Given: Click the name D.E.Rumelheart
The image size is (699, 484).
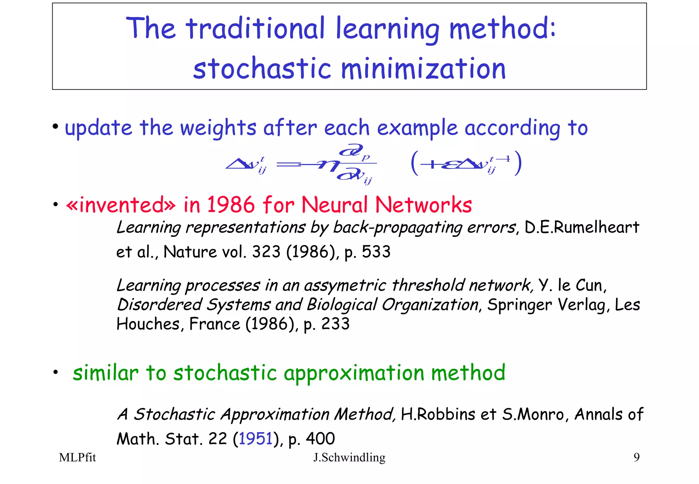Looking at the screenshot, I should click(x=582, y=227).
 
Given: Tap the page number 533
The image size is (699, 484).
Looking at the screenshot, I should click(x=376, y=252).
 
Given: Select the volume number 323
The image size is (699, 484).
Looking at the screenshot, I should click(x=266, y=252).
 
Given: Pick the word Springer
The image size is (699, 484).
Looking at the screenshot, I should click(x=519, y=305).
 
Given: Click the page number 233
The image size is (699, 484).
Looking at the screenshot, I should click(x=336, y=324).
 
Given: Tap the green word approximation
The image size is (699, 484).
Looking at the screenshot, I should click(x=354, y=373).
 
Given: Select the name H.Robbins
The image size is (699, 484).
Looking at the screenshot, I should click(x=438, y=414).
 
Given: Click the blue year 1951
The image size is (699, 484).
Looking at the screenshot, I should click(x=255, y=439).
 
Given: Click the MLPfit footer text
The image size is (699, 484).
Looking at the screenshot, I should click(x=77, y=457).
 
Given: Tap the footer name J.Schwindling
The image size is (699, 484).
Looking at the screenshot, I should click(x=349, y=457).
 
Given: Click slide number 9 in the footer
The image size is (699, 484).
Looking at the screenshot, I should click(x=636, y=457).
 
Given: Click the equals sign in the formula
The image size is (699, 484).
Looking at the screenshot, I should click(x=287, y=165).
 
